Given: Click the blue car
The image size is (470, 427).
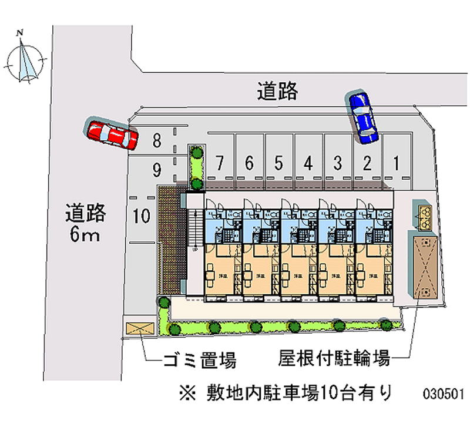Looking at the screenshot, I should pyautogui.click(x=363, y=117).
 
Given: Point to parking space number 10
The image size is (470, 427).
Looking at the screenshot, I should pyautogui.click(x=142, y=216).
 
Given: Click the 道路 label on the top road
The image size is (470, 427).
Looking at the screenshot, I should pyautogui.click(x=277, y=91).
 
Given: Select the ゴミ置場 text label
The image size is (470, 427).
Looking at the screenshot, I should pyautogui.click(x=199, y=359).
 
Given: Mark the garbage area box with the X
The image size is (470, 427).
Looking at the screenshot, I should pyautogui.click(x=138, y=329).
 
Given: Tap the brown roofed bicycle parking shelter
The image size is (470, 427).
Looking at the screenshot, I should pyautogui.click(x=424, y=267).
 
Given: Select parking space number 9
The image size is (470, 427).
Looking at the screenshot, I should pyautogui.click(x=156, y=170).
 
